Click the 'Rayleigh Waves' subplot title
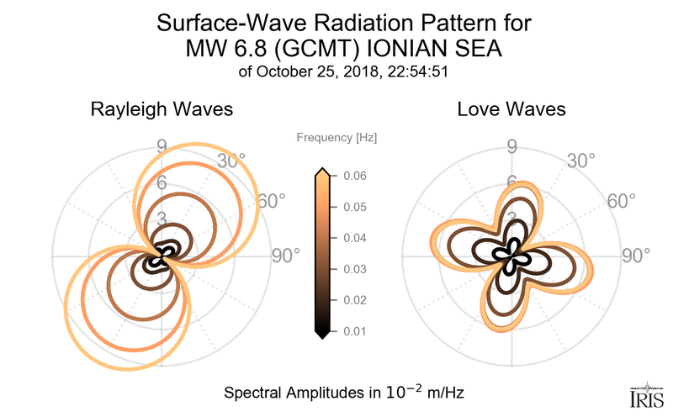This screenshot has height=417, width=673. pos(162,109)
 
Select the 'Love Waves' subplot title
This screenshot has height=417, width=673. pos(511,109)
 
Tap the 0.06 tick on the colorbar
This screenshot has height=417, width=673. pos(354,176)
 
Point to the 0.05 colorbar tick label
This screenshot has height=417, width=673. pos(354,207)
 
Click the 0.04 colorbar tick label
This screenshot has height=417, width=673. pos(354,238)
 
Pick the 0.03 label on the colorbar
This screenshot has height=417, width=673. pos(354,269)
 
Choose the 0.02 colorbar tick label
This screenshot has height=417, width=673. pos(354,300)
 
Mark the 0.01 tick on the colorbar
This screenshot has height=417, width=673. pos(354,331)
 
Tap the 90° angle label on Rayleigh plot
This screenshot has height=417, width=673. pos(286,256)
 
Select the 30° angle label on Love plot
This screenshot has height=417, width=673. pos(580,161)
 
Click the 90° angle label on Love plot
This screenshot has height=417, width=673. pos(637,256)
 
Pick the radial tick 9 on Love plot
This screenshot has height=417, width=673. pos(511,149)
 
